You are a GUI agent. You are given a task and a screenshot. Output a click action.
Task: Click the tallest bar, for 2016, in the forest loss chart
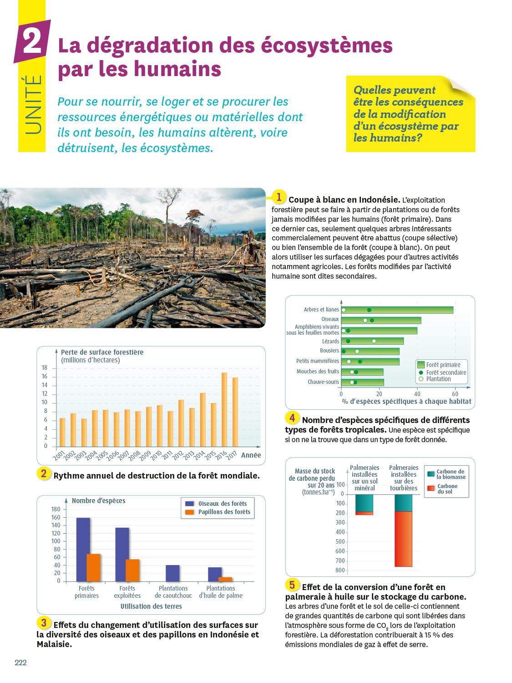[x=224, y=409]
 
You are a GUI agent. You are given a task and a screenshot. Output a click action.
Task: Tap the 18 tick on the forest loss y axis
[x=45, y=368]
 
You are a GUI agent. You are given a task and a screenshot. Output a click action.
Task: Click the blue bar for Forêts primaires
[x=83, y=549]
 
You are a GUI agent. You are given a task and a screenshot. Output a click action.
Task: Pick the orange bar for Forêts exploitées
[x=132, y=570]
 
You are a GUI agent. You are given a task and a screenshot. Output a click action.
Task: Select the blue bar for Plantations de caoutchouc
[x=172, y=573]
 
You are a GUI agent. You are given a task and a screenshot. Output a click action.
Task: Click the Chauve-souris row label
[x=323, y=382]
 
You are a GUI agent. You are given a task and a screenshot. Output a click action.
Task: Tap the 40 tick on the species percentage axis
[x=417, y=394]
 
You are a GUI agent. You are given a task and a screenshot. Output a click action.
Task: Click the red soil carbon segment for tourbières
[x=403, y=539]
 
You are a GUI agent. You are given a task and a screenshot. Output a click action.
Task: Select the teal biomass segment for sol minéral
[x=364, y=503]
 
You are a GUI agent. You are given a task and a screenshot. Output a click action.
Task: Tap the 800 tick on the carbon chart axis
[x=340, y=570]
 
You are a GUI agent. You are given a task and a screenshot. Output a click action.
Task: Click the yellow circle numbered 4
[x=292, y=418]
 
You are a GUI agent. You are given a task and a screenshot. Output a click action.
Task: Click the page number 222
[x=20, y=663]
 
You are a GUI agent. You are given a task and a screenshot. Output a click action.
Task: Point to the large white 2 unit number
[x=32, y=41]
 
